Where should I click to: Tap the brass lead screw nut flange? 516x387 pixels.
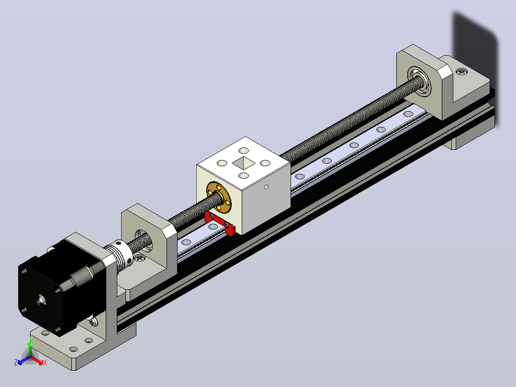point(219,197)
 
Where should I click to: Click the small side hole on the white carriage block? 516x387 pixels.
point(266,187)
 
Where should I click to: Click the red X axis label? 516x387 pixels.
point(45,363)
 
